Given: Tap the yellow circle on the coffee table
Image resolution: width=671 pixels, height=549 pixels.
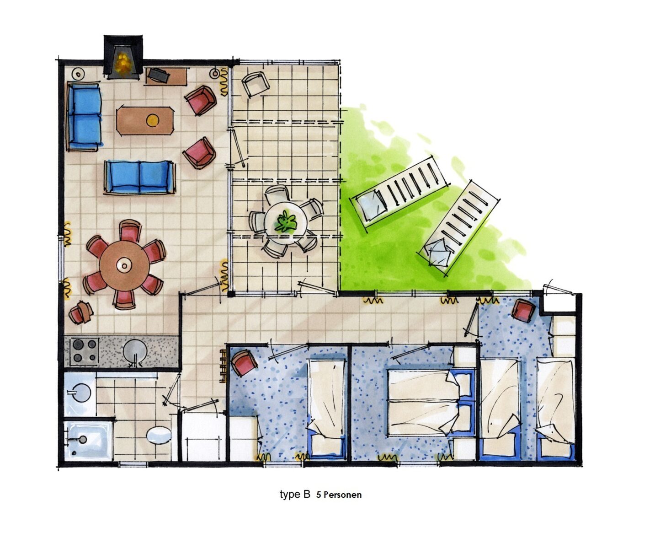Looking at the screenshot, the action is [153, 120].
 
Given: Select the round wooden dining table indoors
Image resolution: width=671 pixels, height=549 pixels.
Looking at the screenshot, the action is [124, 265].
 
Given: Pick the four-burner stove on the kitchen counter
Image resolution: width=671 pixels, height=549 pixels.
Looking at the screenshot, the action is [85, 351].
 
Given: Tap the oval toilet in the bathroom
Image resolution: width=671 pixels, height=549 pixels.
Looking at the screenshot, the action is [159, 436].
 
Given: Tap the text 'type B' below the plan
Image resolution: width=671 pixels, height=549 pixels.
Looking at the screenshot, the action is [295, 494].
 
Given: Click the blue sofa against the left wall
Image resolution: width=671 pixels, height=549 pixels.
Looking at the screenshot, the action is [84, 116].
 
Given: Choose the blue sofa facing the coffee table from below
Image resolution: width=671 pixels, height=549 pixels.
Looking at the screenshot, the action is [139, 178].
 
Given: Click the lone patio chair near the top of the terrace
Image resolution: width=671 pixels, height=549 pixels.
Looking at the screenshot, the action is [255, 84].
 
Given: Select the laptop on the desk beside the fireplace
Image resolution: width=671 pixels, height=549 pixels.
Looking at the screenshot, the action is [159, 75].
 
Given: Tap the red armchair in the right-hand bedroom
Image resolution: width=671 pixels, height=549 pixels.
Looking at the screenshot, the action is [523, 310].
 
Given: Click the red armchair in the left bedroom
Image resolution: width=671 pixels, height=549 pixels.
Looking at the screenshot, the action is [244, 362].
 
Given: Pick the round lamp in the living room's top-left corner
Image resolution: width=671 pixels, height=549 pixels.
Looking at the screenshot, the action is [78, 74].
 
